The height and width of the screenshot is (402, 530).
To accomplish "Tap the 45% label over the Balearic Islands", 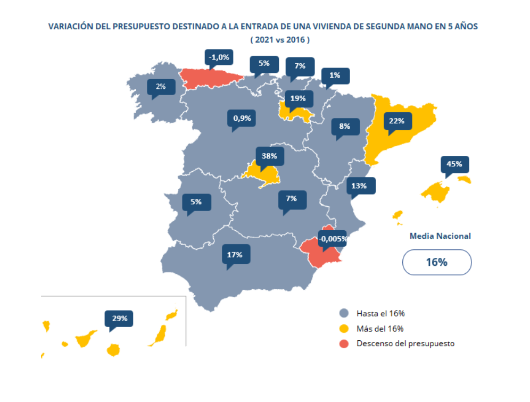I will (454, 164).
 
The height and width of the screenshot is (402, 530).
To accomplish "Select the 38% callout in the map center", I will (270, 156).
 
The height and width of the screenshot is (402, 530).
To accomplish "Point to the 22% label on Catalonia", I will (396, 121).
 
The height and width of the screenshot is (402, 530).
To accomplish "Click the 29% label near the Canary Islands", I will (119, 319).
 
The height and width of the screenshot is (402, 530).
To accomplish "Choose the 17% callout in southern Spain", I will (235, 254).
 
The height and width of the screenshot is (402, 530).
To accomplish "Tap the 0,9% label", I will (242, 118).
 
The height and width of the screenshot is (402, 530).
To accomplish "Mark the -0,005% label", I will (333, 239).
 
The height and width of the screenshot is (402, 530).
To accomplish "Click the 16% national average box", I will (436, 262).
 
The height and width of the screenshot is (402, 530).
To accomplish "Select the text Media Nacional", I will (440, 236).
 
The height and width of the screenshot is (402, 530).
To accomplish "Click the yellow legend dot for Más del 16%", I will (344, 328).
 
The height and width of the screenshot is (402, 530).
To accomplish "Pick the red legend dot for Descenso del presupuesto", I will (344, 344).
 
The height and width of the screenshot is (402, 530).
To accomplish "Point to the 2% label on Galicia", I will (161, 86).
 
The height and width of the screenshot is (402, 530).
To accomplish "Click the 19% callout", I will (299, 98).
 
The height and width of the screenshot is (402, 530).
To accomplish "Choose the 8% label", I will (344, 127).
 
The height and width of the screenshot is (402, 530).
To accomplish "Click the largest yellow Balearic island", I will (436, 191).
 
